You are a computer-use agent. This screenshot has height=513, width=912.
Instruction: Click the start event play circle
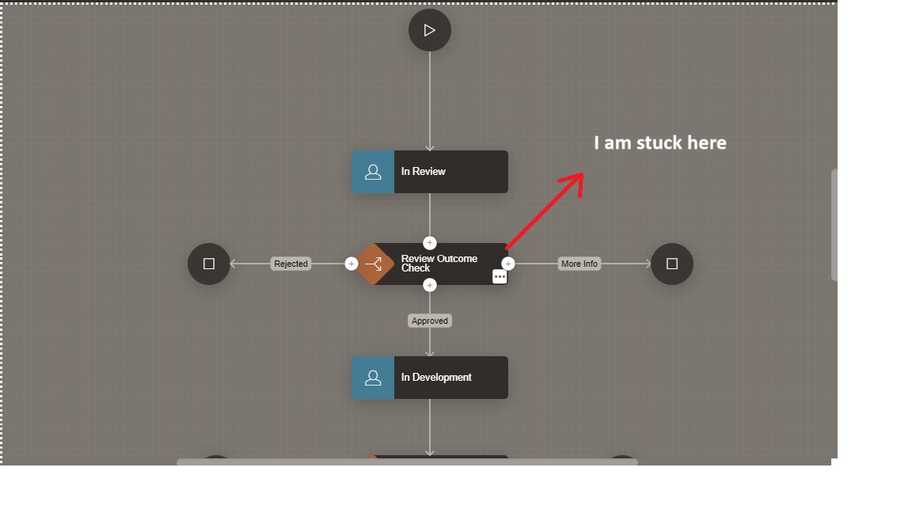click(430, 30)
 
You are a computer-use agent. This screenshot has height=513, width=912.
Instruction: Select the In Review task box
click(450, 172)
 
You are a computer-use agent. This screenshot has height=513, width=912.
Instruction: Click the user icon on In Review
click(373, 172)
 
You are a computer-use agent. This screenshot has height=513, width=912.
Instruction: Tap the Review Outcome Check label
click(439, 263)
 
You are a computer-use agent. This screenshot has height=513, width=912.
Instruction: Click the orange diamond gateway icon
click(374, 264)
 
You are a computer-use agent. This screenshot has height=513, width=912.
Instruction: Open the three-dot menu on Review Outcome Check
click(500, 276)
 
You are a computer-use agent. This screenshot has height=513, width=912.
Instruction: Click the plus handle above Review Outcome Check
click(430, 243)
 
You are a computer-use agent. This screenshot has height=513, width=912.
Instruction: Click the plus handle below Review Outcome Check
click(430, 285)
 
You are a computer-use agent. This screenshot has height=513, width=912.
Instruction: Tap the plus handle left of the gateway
click(351, 264)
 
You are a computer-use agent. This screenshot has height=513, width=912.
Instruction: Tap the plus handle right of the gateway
click(508, 264)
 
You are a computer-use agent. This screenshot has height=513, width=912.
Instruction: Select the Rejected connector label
click(291, 264)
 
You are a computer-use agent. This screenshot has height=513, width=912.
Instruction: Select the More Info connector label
click(579, 264)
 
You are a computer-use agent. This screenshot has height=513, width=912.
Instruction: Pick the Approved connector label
click(430, 321)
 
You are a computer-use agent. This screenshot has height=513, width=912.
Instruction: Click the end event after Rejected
click(209, 264)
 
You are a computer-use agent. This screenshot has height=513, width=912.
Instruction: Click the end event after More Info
click(672, 264)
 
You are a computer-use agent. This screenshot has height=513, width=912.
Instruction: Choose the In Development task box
click(450, 378)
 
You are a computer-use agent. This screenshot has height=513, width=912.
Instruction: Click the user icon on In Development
click(373, 378)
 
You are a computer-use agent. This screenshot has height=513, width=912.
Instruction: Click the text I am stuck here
click(660, 142)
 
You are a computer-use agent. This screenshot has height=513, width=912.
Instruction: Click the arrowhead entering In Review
click(430, 147)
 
